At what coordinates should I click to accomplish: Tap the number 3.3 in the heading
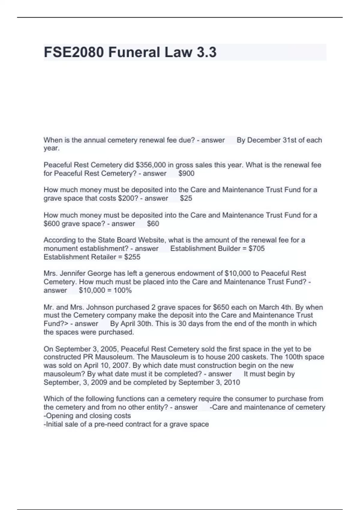coord(206,52)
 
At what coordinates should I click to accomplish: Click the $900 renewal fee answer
coord(186,173)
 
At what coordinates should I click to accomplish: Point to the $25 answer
coord(186,198)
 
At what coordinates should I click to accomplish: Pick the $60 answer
coord(153,224)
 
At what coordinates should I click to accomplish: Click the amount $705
coord(257,249)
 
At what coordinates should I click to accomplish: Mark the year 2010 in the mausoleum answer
coord(232,382)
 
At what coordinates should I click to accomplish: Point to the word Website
coord(150,240)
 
